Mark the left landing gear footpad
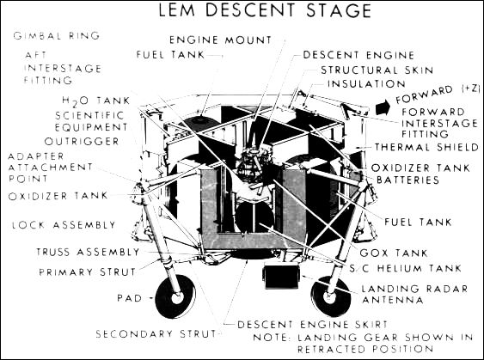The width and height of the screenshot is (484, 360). tap(175, 297)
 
